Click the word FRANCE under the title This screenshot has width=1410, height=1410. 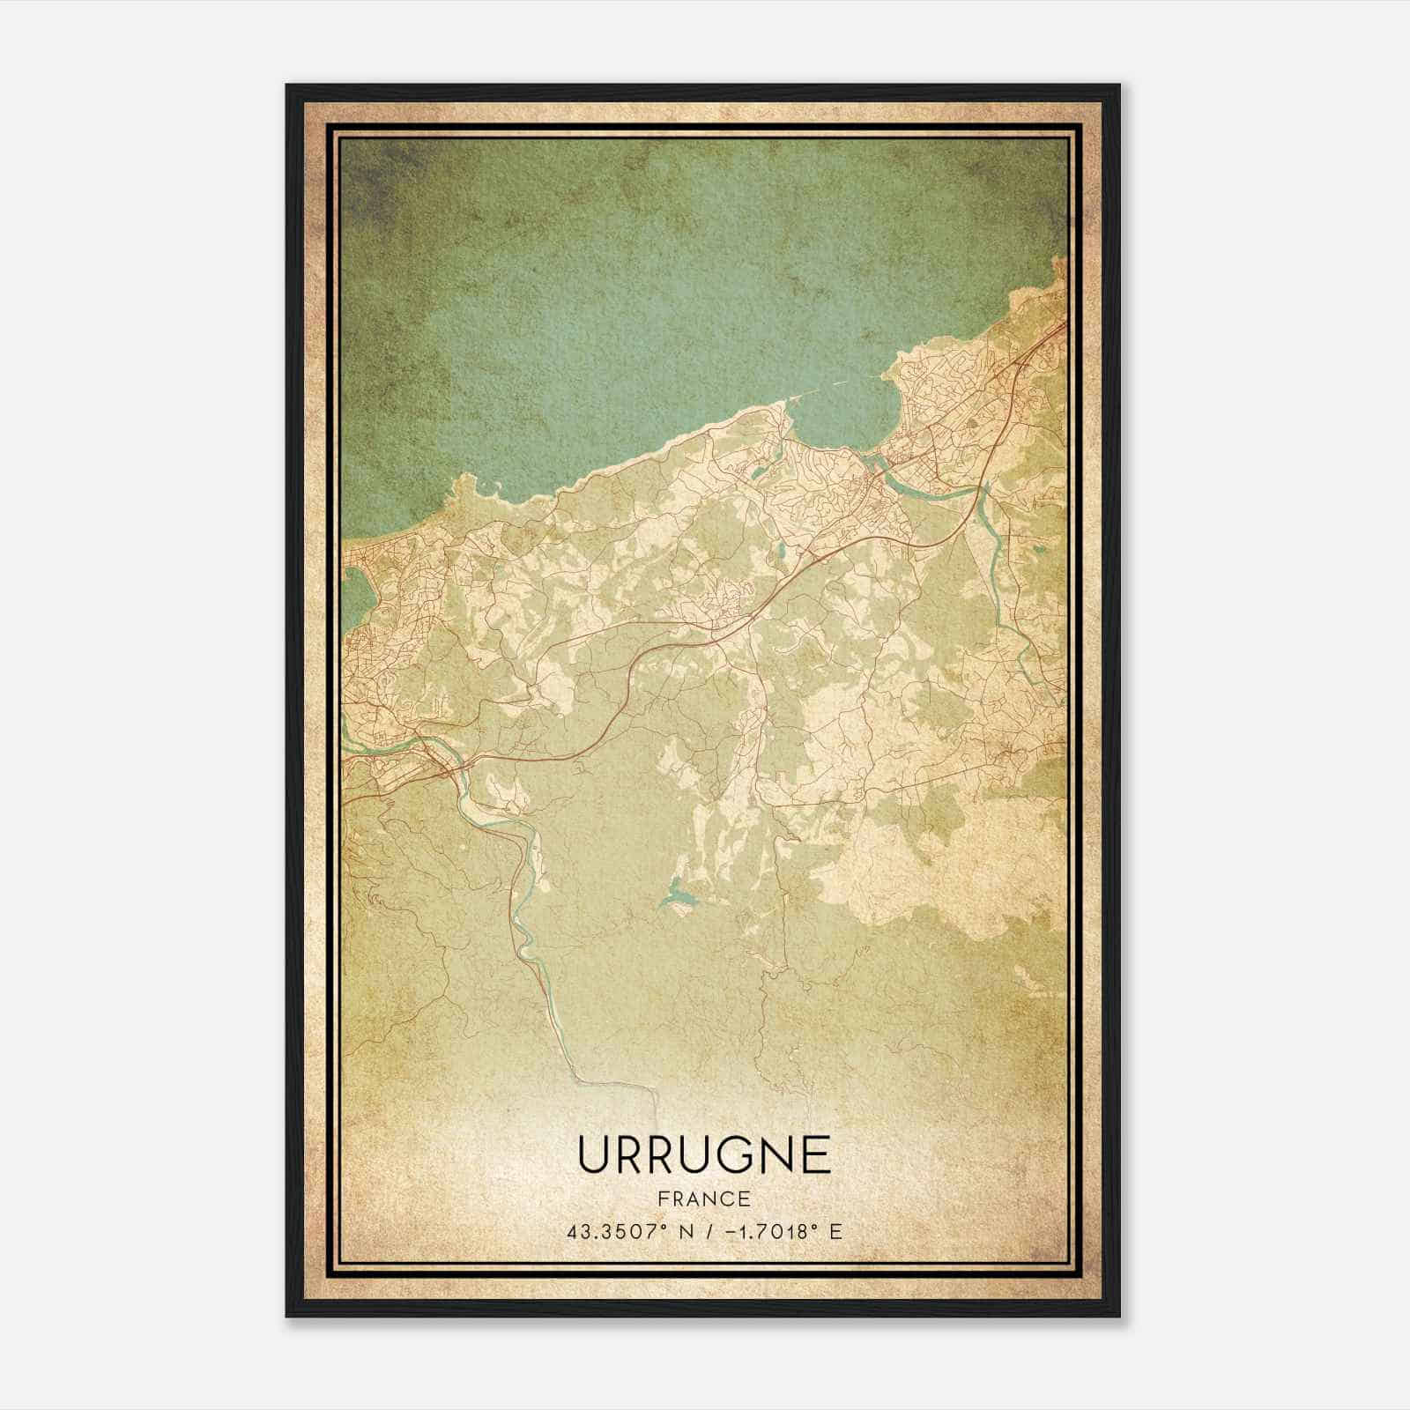point(704,1198)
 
